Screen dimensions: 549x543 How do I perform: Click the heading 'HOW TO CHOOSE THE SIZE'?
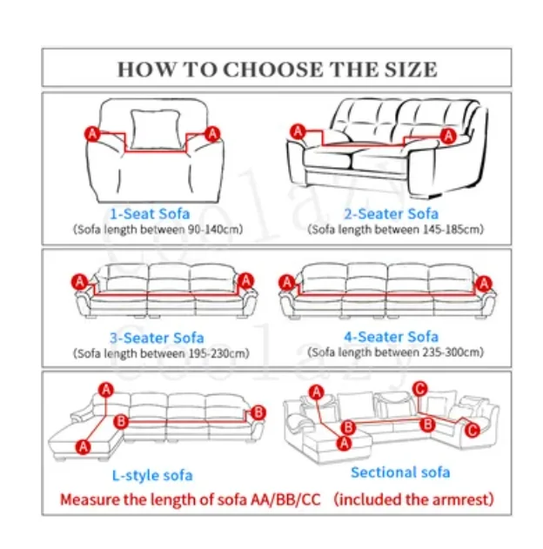click(x=277, y=69)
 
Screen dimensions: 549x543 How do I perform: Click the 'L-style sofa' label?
click(x=152, y=475)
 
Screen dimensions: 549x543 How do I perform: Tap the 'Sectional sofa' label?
click(x=400, y=472)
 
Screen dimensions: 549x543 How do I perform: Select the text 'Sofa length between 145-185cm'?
click(x=397, y=230)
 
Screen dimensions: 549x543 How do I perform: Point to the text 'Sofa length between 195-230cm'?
click(x=162, y=353)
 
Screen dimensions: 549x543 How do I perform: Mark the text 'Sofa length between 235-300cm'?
click(x=397, y=352)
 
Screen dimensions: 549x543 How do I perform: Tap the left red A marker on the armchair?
click(x=90, y=133)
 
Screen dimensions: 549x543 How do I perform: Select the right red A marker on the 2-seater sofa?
click(x=448, y=135)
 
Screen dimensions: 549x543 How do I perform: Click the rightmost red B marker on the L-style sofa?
click(x=258, y=412)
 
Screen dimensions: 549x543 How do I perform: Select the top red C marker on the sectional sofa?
click(x=420, y=389)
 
